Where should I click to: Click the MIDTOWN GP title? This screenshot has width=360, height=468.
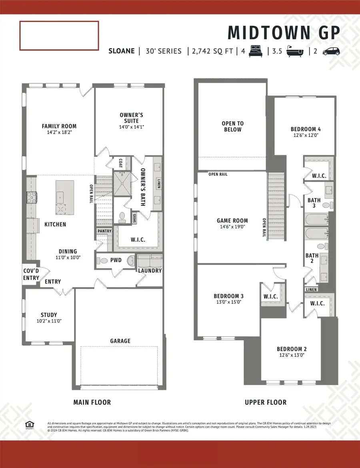coord(284,32)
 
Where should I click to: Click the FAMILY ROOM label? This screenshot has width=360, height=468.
coord(59,126)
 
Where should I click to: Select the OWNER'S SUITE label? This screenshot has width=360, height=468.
coord(131,118)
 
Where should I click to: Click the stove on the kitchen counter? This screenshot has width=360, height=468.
coord(32,197)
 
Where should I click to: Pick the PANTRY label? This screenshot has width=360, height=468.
coord(104,231)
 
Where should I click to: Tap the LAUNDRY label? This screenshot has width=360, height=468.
coord(150,271)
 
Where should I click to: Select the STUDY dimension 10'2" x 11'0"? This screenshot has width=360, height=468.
coord(48,321)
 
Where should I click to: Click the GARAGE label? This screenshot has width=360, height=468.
coord(120,341)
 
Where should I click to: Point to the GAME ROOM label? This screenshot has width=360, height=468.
coord(232,221)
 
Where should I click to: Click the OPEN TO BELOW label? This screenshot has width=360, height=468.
coord(232,127)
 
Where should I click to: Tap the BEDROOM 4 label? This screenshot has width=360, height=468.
coord(306,129)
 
